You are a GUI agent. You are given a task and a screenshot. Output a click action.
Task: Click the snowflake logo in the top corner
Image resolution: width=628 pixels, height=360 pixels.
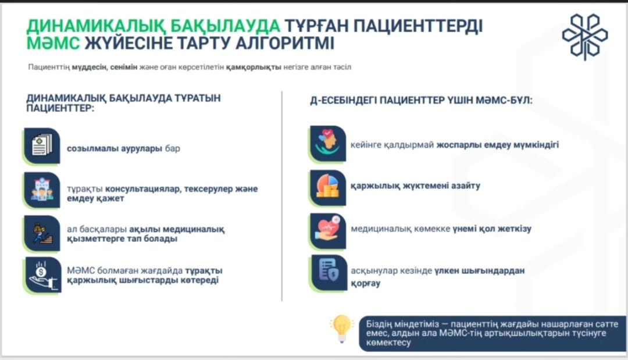coord(585,37)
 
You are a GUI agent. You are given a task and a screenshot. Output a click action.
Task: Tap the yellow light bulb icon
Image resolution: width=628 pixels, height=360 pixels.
coord(341,329)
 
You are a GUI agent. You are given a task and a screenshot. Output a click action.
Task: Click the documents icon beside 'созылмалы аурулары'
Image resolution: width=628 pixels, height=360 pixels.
coord(42,146)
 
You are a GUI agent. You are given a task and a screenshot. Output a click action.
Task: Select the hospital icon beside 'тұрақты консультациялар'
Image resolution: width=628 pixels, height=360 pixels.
coord(42,190)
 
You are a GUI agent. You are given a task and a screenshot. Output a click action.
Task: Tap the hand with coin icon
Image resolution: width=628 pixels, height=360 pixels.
coord(42,275)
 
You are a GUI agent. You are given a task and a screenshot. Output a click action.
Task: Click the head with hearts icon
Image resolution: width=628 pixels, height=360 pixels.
coord(328,144)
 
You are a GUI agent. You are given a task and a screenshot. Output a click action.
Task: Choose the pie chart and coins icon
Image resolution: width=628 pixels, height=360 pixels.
coord(328,187)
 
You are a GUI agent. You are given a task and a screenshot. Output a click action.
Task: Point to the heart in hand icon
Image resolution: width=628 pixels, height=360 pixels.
coord(328,231)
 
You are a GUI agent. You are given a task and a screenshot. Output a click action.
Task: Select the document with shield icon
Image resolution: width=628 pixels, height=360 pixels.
coord(329,273)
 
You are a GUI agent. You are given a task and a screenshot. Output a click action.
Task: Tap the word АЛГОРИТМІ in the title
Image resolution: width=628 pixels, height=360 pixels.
coord(284,43)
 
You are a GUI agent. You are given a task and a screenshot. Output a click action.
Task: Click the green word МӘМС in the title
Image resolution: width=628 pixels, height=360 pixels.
coord(53,43)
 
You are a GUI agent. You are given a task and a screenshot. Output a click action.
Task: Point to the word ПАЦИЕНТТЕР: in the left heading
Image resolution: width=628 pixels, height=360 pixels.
coord(60,108)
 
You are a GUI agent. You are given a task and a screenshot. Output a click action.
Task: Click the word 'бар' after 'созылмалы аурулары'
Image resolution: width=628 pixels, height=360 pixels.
coord(173,148)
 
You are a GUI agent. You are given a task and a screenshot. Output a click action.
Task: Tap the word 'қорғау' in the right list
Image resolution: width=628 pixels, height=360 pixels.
coord(366,283)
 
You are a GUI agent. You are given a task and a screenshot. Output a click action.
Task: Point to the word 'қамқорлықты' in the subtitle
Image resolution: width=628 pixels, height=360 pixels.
coord(254,67)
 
